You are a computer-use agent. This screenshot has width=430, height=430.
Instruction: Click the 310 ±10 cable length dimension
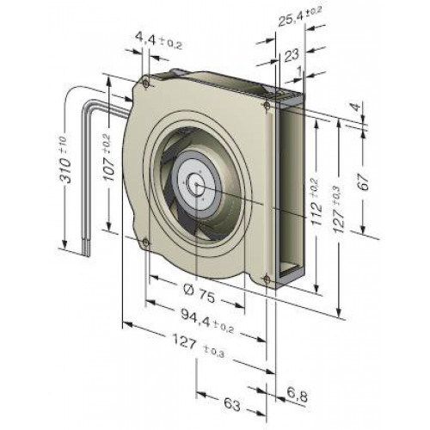65,160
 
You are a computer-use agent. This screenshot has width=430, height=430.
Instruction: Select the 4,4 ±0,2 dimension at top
158,42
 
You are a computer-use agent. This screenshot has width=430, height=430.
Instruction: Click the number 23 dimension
292,55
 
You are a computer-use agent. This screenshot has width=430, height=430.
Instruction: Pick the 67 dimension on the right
364,181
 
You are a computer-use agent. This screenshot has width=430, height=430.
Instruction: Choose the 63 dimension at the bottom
232,405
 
